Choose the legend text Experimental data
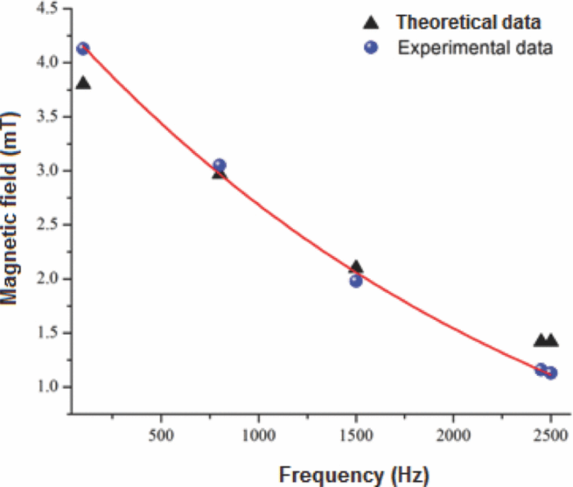[x=475, y=48]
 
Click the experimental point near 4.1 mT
[x=83, y=49]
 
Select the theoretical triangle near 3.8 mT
[x=84, y=83]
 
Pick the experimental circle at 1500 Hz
[x=356, y=281]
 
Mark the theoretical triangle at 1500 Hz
[x=357, y=267]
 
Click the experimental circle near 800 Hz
[x=219, y=166]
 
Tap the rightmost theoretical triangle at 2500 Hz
[x=551, y=340]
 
